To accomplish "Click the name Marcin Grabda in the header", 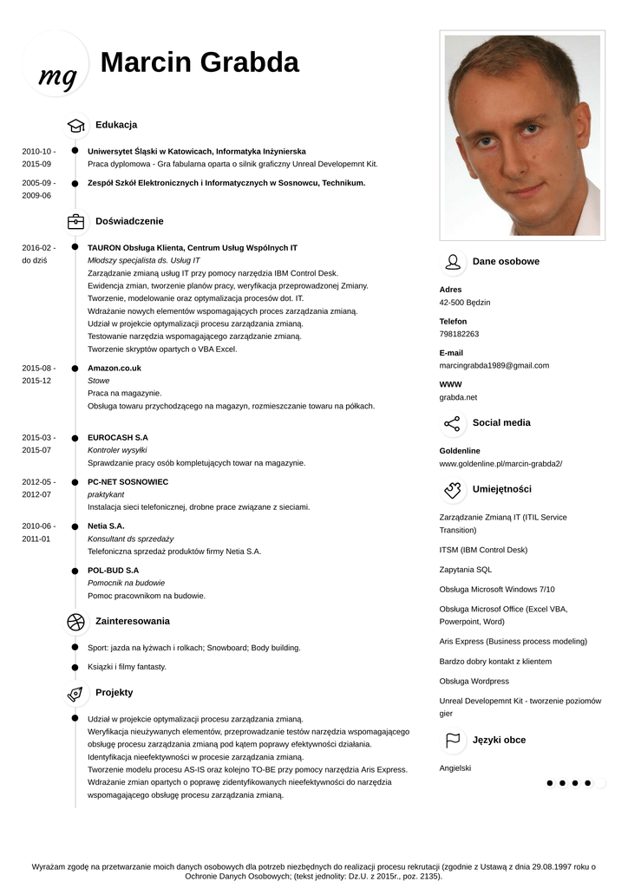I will [200, 62].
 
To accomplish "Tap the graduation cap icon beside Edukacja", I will [75, 125].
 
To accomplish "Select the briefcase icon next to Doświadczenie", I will [75, 221].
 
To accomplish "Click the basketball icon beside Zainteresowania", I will [75, 621].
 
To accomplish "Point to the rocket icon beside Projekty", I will [75, 693].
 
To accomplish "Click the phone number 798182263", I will [459, 334].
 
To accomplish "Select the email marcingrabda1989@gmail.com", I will [494, 365].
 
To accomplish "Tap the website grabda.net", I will [458, 397].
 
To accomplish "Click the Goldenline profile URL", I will [500, 464].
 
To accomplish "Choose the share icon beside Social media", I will [452, 423].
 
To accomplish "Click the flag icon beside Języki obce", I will [452, 741].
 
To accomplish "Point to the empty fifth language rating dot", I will [600, 783].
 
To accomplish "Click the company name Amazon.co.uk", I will [114, 368].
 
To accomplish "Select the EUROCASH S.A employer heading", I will [118, 438].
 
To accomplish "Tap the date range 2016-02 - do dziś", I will [37, 254].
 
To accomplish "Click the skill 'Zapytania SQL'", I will [466, 570].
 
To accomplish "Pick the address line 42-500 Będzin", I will [465, 303].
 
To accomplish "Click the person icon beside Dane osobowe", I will [452, 262].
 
